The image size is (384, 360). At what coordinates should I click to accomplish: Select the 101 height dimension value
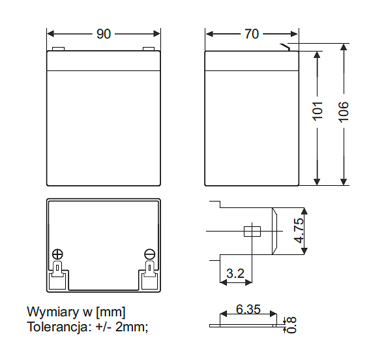coord(318,112)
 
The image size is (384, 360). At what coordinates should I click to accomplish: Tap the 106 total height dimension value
coord(344,112)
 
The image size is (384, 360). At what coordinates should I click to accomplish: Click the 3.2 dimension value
coord(235,274)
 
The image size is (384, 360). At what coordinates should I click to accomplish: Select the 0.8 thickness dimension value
coord(291,323)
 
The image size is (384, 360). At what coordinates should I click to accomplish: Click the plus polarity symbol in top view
coord(57,254)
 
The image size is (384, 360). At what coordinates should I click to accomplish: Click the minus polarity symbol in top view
coord(149,254)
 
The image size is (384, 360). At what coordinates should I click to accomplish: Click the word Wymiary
coord(50,312)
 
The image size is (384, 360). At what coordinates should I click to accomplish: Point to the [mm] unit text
coord(110,312)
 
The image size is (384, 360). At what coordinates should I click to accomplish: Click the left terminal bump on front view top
coord(59,48)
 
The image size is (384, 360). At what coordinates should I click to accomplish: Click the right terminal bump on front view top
coord(148,48)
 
